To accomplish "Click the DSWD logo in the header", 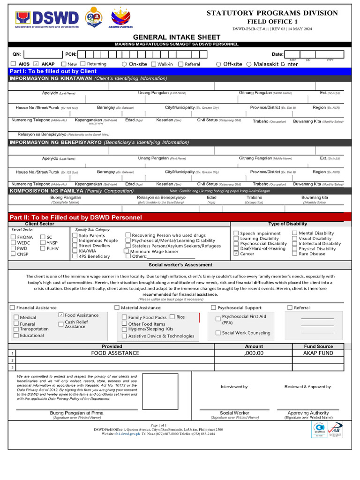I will point(46,19).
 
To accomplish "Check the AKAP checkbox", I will point(36,64).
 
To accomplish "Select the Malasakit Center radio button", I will point(249,64).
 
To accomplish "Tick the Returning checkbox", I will point(83,64).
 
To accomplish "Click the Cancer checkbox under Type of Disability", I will point(236,254).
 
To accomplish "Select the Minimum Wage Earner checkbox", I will point(127,251).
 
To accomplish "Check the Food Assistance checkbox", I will point(61,315).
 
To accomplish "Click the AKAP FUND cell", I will point(318,353).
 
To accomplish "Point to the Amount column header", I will point(254,346).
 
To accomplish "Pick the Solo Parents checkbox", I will point(75,235).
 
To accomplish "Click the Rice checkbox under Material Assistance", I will point(172,317).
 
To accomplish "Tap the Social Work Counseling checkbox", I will point(218,333).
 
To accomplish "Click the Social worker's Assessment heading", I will point(180,265).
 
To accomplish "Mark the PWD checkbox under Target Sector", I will point(13,248).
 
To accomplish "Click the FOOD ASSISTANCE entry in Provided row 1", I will point(115,353).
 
